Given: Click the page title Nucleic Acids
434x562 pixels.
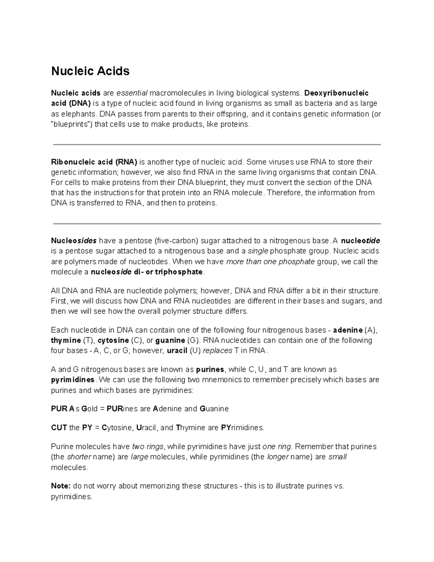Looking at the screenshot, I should click(90, 71).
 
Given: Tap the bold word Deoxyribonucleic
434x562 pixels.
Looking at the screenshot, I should click(337, 93).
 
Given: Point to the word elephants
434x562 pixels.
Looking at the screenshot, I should click(78, 114).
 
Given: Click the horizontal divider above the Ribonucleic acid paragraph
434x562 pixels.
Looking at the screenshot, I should click(217, 145).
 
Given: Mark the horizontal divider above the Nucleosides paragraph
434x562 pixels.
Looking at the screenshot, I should click(217, 224).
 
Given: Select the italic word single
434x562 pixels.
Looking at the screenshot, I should click(258, 251).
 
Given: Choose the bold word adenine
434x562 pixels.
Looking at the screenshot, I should click(348, 330).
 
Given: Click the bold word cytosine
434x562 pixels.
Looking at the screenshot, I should click(113, 341).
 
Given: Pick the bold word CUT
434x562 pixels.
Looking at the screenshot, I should click(59, 428).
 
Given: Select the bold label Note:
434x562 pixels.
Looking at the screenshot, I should click(61, 486).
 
